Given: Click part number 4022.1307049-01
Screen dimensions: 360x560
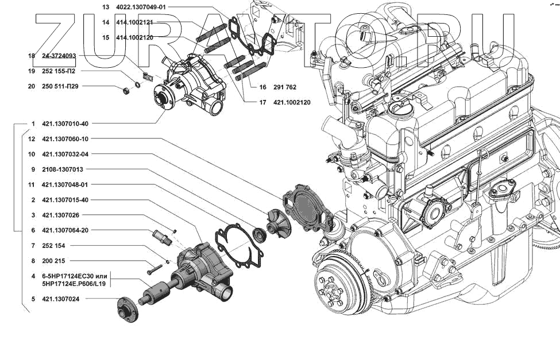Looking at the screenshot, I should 141,7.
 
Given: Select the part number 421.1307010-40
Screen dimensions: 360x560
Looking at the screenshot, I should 65,123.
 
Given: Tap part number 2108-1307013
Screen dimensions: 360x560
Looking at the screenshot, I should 63,169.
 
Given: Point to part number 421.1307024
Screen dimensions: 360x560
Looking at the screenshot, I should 60,299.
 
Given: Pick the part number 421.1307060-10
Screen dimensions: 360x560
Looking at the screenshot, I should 65,139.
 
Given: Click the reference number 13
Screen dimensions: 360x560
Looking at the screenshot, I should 105,7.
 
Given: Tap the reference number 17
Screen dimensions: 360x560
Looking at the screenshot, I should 262,103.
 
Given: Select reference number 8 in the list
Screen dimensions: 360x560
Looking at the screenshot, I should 33,261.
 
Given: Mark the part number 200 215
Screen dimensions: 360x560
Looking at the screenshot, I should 53,261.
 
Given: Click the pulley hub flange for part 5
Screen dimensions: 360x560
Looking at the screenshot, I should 127,310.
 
